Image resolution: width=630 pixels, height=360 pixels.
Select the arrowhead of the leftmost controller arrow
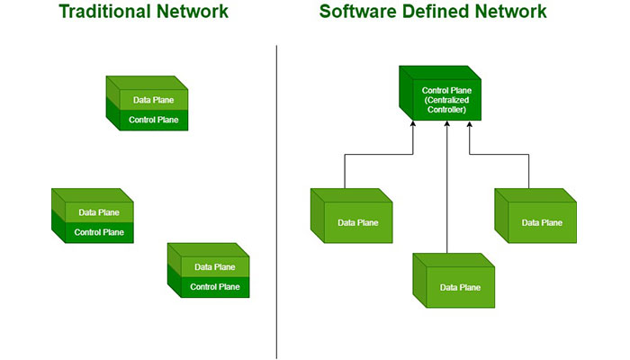point(413,127)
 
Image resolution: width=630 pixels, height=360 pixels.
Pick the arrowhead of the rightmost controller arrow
point(470,127)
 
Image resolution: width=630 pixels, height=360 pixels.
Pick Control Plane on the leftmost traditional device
point(99,232)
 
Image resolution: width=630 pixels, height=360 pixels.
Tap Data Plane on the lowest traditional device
point(215,267)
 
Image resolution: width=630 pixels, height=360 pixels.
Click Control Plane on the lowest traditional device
point(215,287)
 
